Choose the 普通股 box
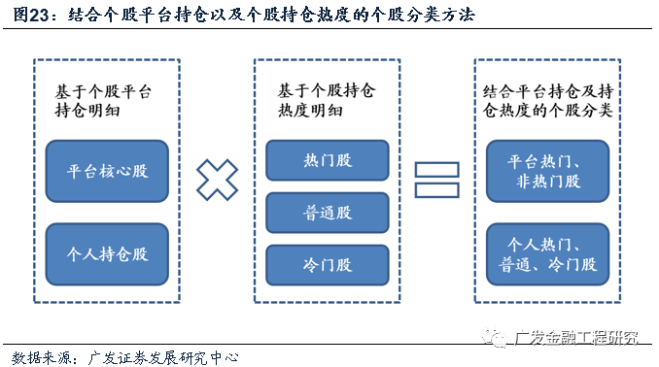(328, 211)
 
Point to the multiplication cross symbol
(217, 182)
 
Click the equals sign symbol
(436, 182)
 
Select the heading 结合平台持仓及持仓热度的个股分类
(546, 101)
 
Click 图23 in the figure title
(27, 16)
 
